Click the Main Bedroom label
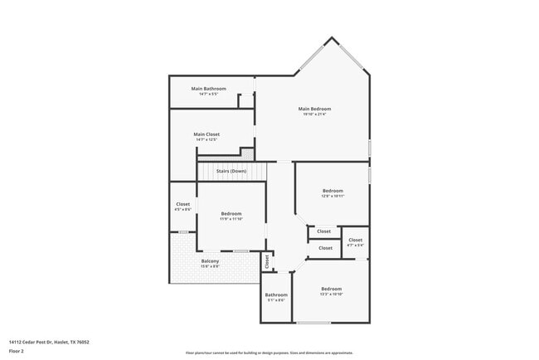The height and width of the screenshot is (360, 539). point(314,109)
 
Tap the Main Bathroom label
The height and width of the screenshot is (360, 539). point(208,89)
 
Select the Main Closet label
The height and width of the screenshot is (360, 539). point(206,134)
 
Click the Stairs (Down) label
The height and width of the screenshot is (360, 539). point(231,171)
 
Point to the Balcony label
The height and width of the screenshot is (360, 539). point(210,260)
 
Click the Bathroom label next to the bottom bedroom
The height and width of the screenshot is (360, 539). point(276,294)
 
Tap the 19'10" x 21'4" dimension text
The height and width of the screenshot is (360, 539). point(314,114)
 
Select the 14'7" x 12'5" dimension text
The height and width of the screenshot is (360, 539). point(206,140)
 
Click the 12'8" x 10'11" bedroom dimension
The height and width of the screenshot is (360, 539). point(333,197)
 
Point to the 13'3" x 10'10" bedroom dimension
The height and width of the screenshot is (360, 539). point(332,294)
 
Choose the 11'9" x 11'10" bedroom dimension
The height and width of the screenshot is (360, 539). point(231,219)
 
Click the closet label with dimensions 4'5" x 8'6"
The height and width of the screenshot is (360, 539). point(183,204)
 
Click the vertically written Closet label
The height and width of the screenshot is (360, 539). point(267,261)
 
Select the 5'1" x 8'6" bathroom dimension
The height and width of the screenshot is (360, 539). point(276,300)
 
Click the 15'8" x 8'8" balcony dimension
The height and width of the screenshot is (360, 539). point(210,266)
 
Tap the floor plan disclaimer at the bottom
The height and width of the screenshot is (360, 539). point(269,353)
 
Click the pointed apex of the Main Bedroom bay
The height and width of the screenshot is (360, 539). point(333,37)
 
